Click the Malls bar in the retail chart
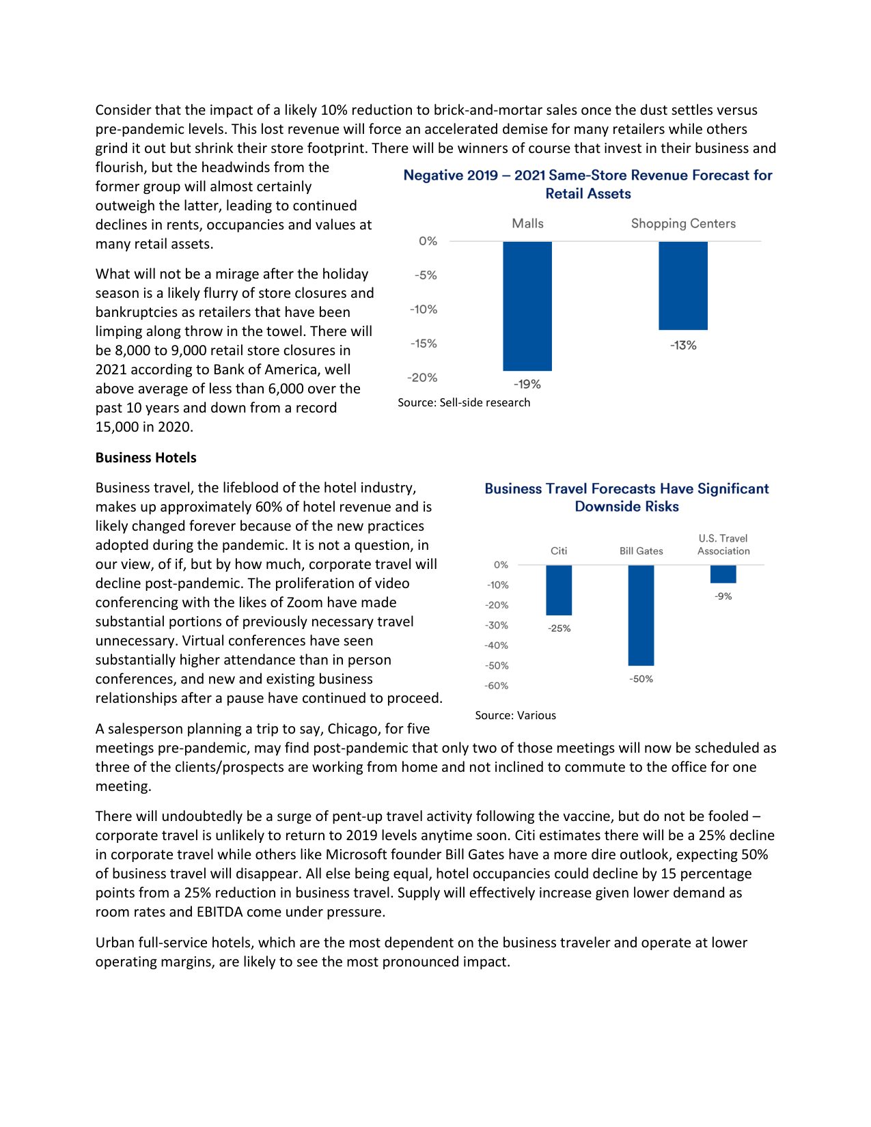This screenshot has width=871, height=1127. [x=527, y=305]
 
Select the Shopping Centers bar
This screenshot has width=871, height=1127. [x=682, y=286]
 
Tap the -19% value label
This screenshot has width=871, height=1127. [x=527, y=385]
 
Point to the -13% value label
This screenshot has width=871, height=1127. [x=683, y=346]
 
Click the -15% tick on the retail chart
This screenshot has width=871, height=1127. [x=424, y=344]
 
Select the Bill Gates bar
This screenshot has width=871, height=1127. [x=641, y=615]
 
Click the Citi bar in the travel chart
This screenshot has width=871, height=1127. [x=559, y=590]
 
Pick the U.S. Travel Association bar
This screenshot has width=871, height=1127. [x=723, y=574]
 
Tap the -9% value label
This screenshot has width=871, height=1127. [x=723, y=596]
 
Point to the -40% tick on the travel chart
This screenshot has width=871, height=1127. [x=497, y=645]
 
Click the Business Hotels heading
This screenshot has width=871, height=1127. [x=146, y=458]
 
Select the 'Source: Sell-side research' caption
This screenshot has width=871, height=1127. [x=464, y=402]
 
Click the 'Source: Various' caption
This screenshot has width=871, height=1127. [x=515, y=715]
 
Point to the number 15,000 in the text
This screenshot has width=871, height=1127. [x=117, y=427]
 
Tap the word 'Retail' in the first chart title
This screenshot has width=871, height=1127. [x=564, y=194]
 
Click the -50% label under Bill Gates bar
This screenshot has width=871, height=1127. [x=641, y=679]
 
